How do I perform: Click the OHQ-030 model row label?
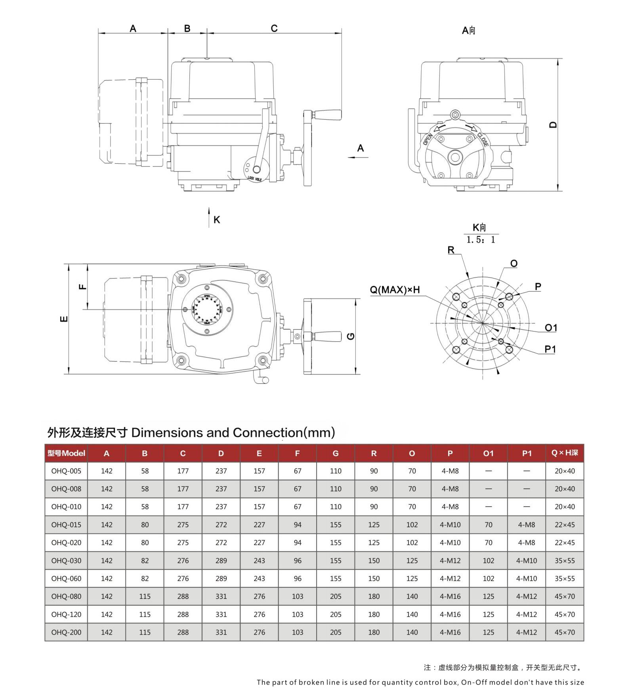coord(66,560)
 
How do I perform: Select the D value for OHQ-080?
coord(221,596)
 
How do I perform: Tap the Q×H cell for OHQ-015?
coord(565,524)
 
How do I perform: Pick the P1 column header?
coord(527,453)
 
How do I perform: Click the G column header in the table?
coord(336,453)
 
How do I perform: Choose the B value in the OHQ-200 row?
coord(145,632)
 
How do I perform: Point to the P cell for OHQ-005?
coord(450,471)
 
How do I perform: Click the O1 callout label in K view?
coord(551,327)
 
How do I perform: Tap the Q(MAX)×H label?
coord(395,290)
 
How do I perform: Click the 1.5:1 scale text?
coord(481,239)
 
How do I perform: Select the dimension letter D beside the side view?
coord(553,124)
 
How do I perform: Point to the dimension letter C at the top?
coord(274,28)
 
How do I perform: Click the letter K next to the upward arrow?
coord(217,220)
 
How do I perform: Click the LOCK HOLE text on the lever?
coord(255,179)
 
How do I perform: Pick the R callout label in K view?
coord(451,250)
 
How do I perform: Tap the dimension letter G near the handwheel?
coord(351,336)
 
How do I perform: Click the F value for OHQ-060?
coord(298,578)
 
